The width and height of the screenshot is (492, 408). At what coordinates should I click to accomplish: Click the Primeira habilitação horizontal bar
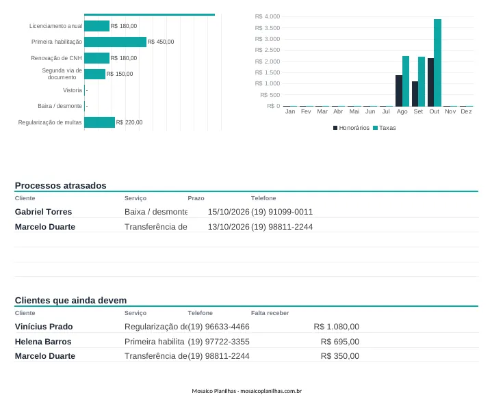(115, 42)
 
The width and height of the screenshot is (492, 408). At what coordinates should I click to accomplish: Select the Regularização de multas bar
(99, 122)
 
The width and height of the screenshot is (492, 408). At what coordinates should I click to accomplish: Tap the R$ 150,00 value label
(120, 74)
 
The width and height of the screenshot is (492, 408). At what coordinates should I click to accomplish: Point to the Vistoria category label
(73, 90)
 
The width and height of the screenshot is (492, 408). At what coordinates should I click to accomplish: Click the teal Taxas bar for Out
(437, 63)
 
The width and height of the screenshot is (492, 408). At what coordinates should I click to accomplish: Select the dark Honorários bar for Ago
(399, 91)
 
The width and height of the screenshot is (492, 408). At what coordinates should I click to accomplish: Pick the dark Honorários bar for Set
(415, 94)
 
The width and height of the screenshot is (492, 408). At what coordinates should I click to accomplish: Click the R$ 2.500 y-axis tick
(268, 50)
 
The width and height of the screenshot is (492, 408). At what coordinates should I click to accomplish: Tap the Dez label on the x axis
(466, 111)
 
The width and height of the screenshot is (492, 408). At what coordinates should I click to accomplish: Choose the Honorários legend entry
(351, 128)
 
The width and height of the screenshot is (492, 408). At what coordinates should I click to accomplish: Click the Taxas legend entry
(385, 128)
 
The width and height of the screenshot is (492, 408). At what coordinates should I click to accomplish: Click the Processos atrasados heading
(60, 185)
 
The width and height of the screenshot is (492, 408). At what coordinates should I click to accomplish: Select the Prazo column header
(196, 198)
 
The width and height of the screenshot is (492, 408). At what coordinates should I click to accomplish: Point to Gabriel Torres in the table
(43, 212)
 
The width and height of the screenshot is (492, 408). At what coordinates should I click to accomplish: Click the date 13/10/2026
(229, 227)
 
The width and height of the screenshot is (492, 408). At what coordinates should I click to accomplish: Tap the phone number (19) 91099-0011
(282, 212)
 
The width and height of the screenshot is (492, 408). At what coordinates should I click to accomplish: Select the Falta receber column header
(270, 313)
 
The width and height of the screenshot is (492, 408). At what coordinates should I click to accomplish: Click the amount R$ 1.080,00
(337, 327)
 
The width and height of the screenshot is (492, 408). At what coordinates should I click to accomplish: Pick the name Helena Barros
(43, 342)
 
